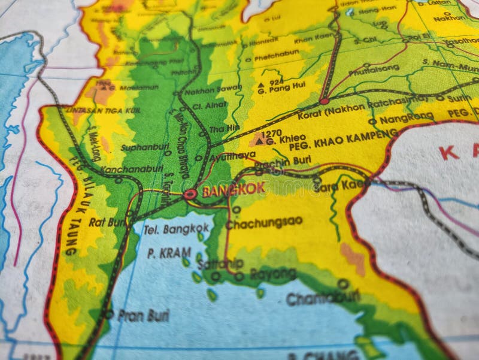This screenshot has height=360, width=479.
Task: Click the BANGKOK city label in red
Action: click(234, 191)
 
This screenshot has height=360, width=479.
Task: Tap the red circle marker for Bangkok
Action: click(190, 194)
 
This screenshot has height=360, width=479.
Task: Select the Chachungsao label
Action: click(263, 223)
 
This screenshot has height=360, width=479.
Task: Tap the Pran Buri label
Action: click(143, 315)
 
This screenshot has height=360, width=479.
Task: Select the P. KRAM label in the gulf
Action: click(169, 253)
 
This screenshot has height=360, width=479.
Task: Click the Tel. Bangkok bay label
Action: click(178, 228)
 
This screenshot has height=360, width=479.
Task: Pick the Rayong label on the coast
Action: click(272, 274)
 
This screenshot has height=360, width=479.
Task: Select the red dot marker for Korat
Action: click(324, 101)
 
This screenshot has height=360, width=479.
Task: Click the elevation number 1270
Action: click(271, 133)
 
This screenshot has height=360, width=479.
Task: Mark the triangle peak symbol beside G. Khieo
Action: click(259, 141)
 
